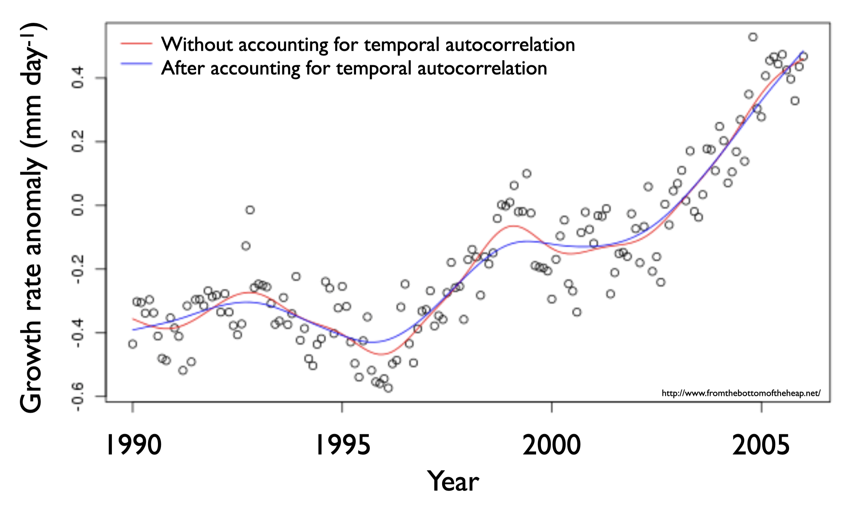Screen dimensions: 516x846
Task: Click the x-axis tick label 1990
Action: pos(134,445)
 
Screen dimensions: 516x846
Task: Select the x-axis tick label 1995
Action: pos(343,445)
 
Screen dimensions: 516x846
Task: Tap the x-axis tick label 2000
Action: pos(551,445)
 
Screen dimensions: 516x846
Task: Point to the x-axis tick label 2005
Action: pos(761,445)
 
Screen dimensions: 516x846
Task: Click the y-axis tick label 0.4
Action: pos(78,78)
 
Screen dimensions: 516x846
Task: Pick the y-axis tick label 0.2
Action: pos(78,142)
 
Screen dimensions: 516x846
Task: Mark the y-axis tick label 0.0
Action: pos(78,205)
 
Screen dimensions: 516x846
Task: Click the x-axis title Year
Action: pos(453,482)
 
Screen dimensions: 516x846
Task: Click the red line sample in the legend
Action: pos(136,44)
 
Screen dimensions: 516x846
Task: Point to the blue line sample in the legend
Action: pos(136,64)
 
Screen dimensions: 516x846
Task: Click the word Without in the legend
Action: pos(197,44)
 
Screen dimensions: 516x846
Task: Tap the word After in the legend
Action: pos(183,68)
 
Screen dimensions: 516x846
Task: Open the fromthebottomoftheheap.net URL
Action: pos(741,393)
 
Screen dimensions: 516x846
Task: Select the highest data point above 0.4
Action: pos(753,37)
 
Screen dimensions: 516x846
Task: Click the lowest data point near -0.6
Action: pos(388,388)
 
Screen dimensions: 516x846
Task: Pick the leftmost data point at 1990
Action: pos(133,344)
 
